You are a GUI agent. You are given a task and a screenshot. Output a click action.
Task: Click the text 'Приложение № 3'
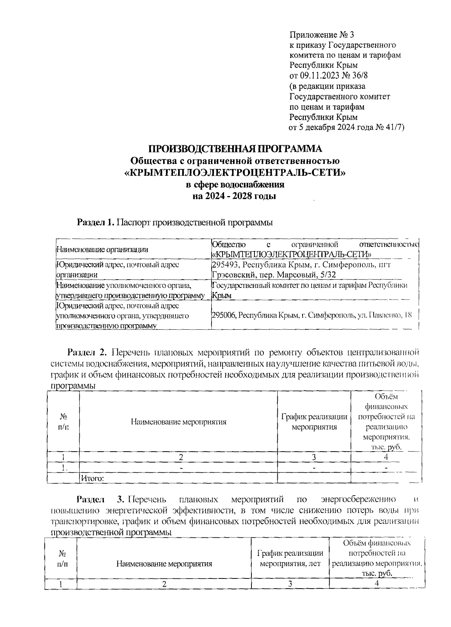(x=322, y=35)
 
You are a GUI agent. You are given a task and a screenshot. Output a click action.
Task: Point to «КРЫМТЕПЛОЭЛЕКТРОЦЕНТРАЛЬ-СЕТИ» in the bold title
(x=235, y=173)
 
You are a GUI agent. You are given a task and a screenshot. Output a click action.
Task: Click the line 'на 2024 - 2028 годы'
(x=235, y=196)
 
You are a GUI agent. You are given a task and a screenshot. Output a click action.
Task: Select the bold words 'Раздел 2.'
(x=88, y=353)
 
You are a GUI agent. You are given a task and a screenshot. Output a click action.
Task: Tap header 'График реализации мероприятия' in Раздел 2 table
(x=314, y=422)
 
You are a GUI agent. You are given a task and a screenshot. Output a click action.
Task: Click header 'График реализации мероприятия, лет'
(x=290, y=559)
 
